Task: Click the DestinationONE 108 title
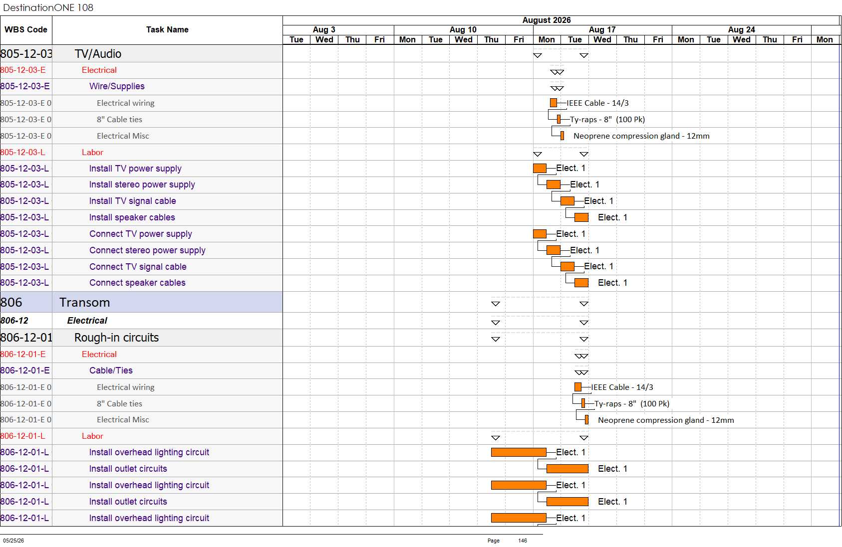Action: tap(48, 7)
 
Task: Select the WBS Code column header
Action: tap(26, 29)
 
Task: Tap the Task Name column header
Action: tap(167, 29)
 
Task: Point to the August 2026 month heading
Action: tap(546, 20)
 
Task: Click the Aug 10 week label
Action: tap(463, 29)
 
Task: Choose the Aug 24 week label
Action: tap(741, 29)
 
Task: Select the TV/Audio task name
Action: tap(98, 54)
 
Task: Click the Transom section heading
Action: tap(84, 302)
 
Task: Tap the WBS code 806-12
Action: tap(14, 321)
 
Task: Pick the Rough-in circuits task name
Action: tap(116, 338)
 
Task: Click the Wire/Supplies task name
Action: tap(117, 86)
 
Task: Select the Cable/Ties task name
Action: tap(111, 370)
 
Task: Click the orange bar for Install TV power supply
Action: tap(540, 168)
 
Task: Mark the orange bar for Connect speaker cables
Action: tap(581, 283)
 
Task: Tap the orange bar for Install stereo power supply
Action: tap(554, 184)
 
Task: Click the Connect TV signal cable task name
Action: tap(138, 267)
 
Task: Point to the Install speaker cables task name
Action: tap(132, 217)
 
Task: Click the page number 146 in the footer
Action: tap(523, 541)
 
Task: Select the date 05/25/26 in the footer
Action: tap(13, 541)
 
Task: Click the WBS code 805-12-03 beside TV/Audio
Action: tap(26, 54)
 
